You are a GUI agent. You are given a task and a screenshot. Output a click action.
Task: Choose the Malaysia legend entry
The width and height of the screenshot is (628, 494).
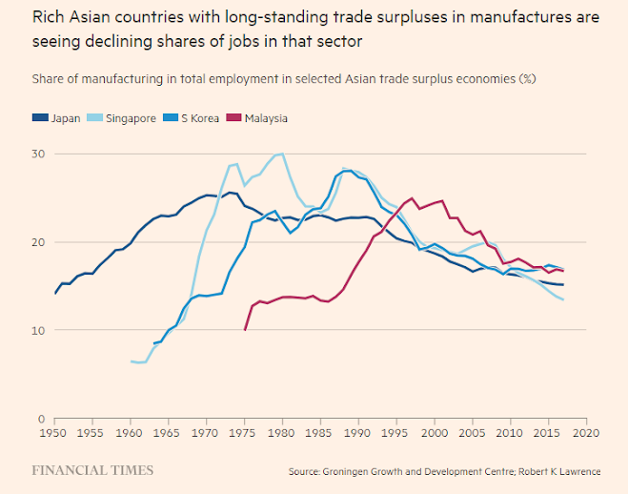(265, 118)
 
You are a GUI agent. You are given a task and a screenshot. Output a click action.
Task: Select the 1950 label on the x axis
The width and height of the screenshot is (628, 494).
(54, 433)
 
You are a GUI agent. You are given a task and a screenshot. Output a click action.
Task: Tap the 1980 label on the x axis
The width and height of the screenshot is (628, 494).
(282, 433)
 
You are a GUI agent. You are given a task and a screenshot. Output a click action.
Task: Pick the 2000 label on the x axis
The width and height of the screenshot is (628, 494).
(434, 433)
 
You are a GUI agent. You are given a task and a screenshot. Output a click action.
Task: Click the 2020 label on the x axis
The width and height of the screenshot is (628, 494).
(585, 433)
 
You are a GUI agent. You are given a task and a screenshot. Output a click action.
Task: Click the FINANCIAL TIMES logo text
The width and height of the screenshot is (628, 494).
(92, 470)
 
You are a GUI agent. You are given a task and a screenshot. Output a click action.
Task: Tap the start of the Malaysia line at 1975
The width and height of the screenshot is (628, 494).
(245, 330)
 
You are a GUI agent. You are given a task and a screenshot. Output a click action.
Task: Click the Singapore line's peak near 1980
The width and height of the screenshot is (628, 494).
(282, 154)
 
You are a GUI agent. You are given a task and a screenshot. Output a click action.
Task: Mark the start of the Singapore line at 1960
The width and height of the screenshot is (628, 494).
(131, 361)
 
